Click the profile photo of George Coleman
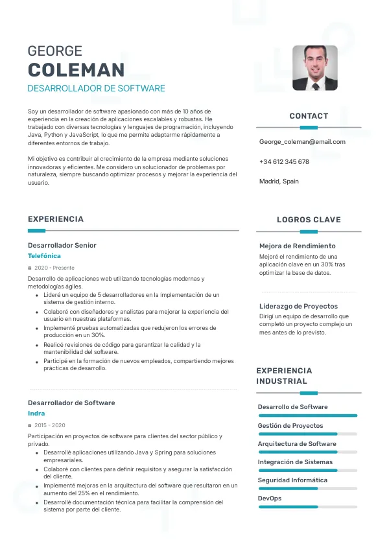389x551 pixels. pyautogui.click(x=314, y=67)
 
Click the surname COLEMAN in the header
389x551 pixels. pyautogui.click(x=76, y=70)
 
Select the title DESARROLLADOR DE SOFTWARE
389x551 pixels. pyautogui.click(x=96, y=88)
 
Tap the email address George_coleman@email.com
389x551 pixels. pyautogui.click(x=302, y=142)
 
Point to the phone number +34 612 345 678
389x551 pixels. pyautogui.click(x=284, y=162)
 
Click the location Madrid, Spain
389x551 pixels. pyautogui.click(x=279, y=182)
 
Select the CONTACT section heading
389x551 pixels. pyautogui.click(x=309, y=116)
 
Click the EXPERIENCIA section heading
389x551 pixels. pyautogui.click(x=56, y=219)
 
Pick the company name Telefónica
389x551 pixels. pyautogui.click(x=44, y=256)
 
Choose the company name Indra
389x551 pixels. pyautogui.click(x=36, y=414)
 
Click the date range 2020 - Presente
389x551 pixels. pyautogui.click(x=54, y=268)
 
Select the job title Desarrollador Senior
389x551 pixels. pyautogui.click(x=62, y=246)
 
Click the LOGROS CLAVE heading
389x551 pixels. pyautogui.click(x=309, y=220)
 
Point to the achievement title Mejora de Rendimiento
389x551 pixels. pyautogui.click(x=298, y=246)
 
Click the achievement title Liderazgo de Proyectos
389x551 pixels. pyautogui.click(x=298, y=306)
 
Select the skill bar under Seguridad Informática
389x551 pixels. pyautogui.click(x=307, y=488)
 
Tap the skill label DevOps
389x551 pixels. pyautogui.click(x=270, y=498)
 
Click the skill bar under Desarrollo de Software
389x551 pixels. pyautogui.click(x=307, y=415)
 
